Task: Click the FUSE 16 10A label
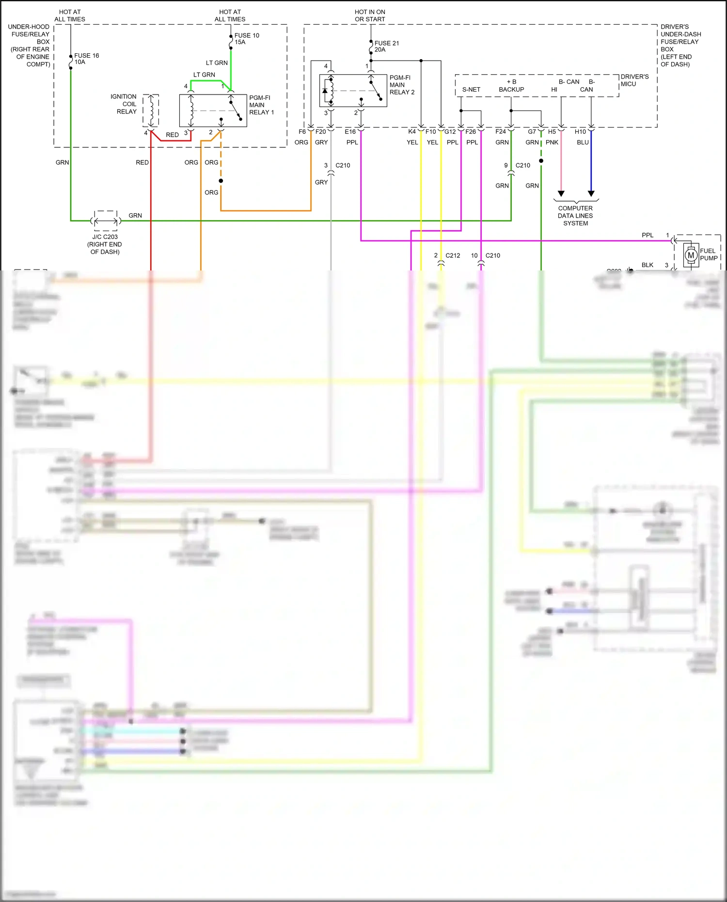click(86, 59)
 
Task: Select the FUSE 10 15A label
click(246, 39)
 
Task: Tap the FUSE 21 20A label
click(386, 47)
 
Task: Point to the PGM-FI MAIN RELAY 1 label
click(261, 105)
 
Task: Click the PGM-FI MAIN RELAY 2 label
click(402, 85)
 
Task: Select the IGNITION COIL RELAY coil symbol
click(151, 111)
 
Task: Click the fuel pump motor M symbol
click(691, 255)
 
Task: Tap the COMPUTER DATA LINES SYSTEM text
click(575, 216)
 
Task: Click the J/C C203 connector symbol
click(106, 221)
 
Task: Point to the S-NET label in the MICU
click(471, 90)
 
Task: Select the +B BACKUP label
click(511, 86)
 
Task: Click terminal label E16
click(350, 132)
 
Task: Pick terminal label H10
click(580, 132)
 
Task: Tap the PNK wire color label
click(552, 142)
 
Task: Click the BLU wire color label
click(583, 142)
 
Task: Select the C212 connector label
click(453, 255)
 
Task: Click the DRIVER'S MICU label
click(634, 80)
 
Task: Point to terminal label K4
click(411, 132)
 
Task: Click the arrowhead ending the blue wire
click(591, 193)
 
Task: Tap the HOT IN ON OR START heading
click(370, 16)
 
